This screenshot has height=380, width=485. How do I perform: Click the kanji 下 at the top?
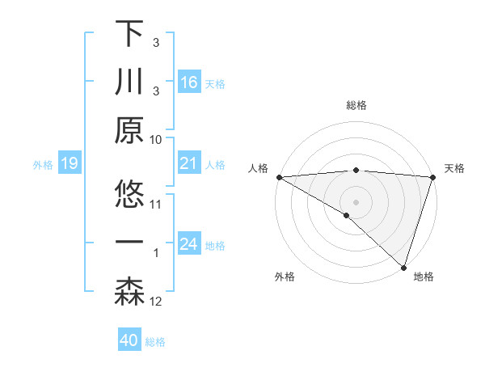click(129, 34)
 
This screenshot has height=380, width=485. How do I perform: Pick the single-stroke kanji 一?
click(129, 243)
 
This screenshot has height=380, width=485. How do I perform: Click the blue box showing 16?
click(188, 82)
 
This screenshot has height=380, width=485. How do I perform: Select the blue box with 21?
click(188, 163)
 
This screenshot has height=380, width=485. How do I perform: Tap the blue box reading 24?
click(188, 244)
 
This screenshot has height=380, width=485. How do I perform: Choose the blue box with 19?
click(69, 163)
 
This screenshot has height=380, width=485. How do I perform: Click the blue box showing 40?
click(129, 340)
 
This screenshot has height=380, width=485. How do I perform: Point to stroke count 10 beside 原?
click(156, 139)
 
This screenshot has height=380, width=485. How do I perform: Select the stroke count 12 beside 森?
click(156, 302)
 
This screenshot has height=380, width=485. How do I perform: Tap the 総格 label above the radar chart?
click(356, 105)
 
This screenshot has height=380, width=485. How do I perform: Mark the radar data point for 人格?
click(279, 177)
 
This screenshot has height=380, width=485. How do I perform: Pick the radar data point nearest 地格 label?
click(403, 266)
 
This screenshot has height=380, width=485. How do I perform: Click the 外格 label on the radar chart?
click(285, 277)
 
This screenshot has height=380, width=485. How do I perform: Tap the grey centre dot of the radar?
click(356, 201)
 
